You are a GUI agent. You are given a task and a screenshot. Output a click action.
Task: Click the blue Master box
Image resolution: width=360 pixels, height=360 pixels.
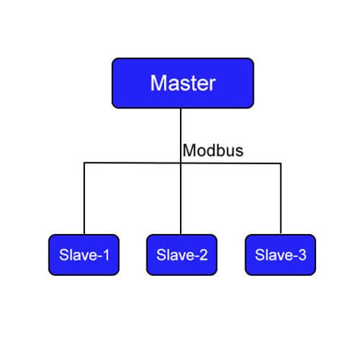coord(182,83)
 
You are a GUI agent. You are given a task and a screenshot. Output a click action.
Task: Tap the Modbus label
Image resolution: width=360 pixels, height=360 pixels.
coord(213,150)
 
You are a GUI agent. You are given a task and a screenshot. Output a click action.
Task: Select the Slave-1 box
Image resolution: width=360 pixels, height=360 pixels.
coord(84,254)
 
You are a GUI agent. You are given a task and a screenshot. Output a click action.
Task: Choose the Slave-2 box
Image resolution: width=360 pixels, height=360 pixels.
coord(182,254)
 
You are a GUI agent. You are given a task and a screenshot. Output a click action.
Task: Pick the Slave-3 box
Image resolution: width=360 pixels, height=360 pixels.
coord(280,254)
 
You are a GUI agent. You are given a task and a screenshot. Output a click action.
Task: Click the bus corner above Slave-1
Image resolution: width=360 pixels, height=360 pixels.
coord(84,163)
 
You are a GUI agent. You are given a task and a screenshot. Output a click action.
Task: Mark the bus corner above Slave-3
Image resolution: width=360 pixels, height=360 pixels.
coord(280,163)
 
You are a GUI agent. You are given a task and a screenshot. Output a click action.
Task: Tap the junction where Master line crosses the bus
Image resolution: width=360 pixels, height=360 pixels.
coord(181,163)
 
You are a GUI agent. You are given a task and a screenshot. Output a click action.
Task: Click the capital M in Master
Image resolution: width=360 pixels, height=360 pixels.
coord(159,83)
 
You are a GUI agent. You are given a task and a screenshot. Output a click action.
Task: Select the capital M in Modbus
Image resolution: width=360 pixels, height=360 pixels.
coord(188,150)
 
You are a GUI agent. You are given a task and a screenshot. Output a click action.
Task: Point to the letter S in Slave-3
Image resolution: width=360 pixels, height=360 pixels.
coord(260,255)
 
